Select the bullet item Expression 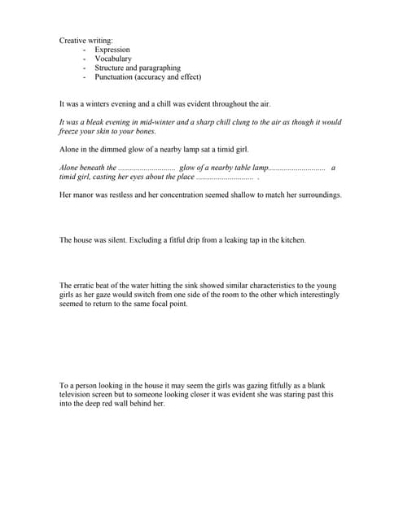(112, 50)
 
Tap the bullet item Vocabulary (112, 59)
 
